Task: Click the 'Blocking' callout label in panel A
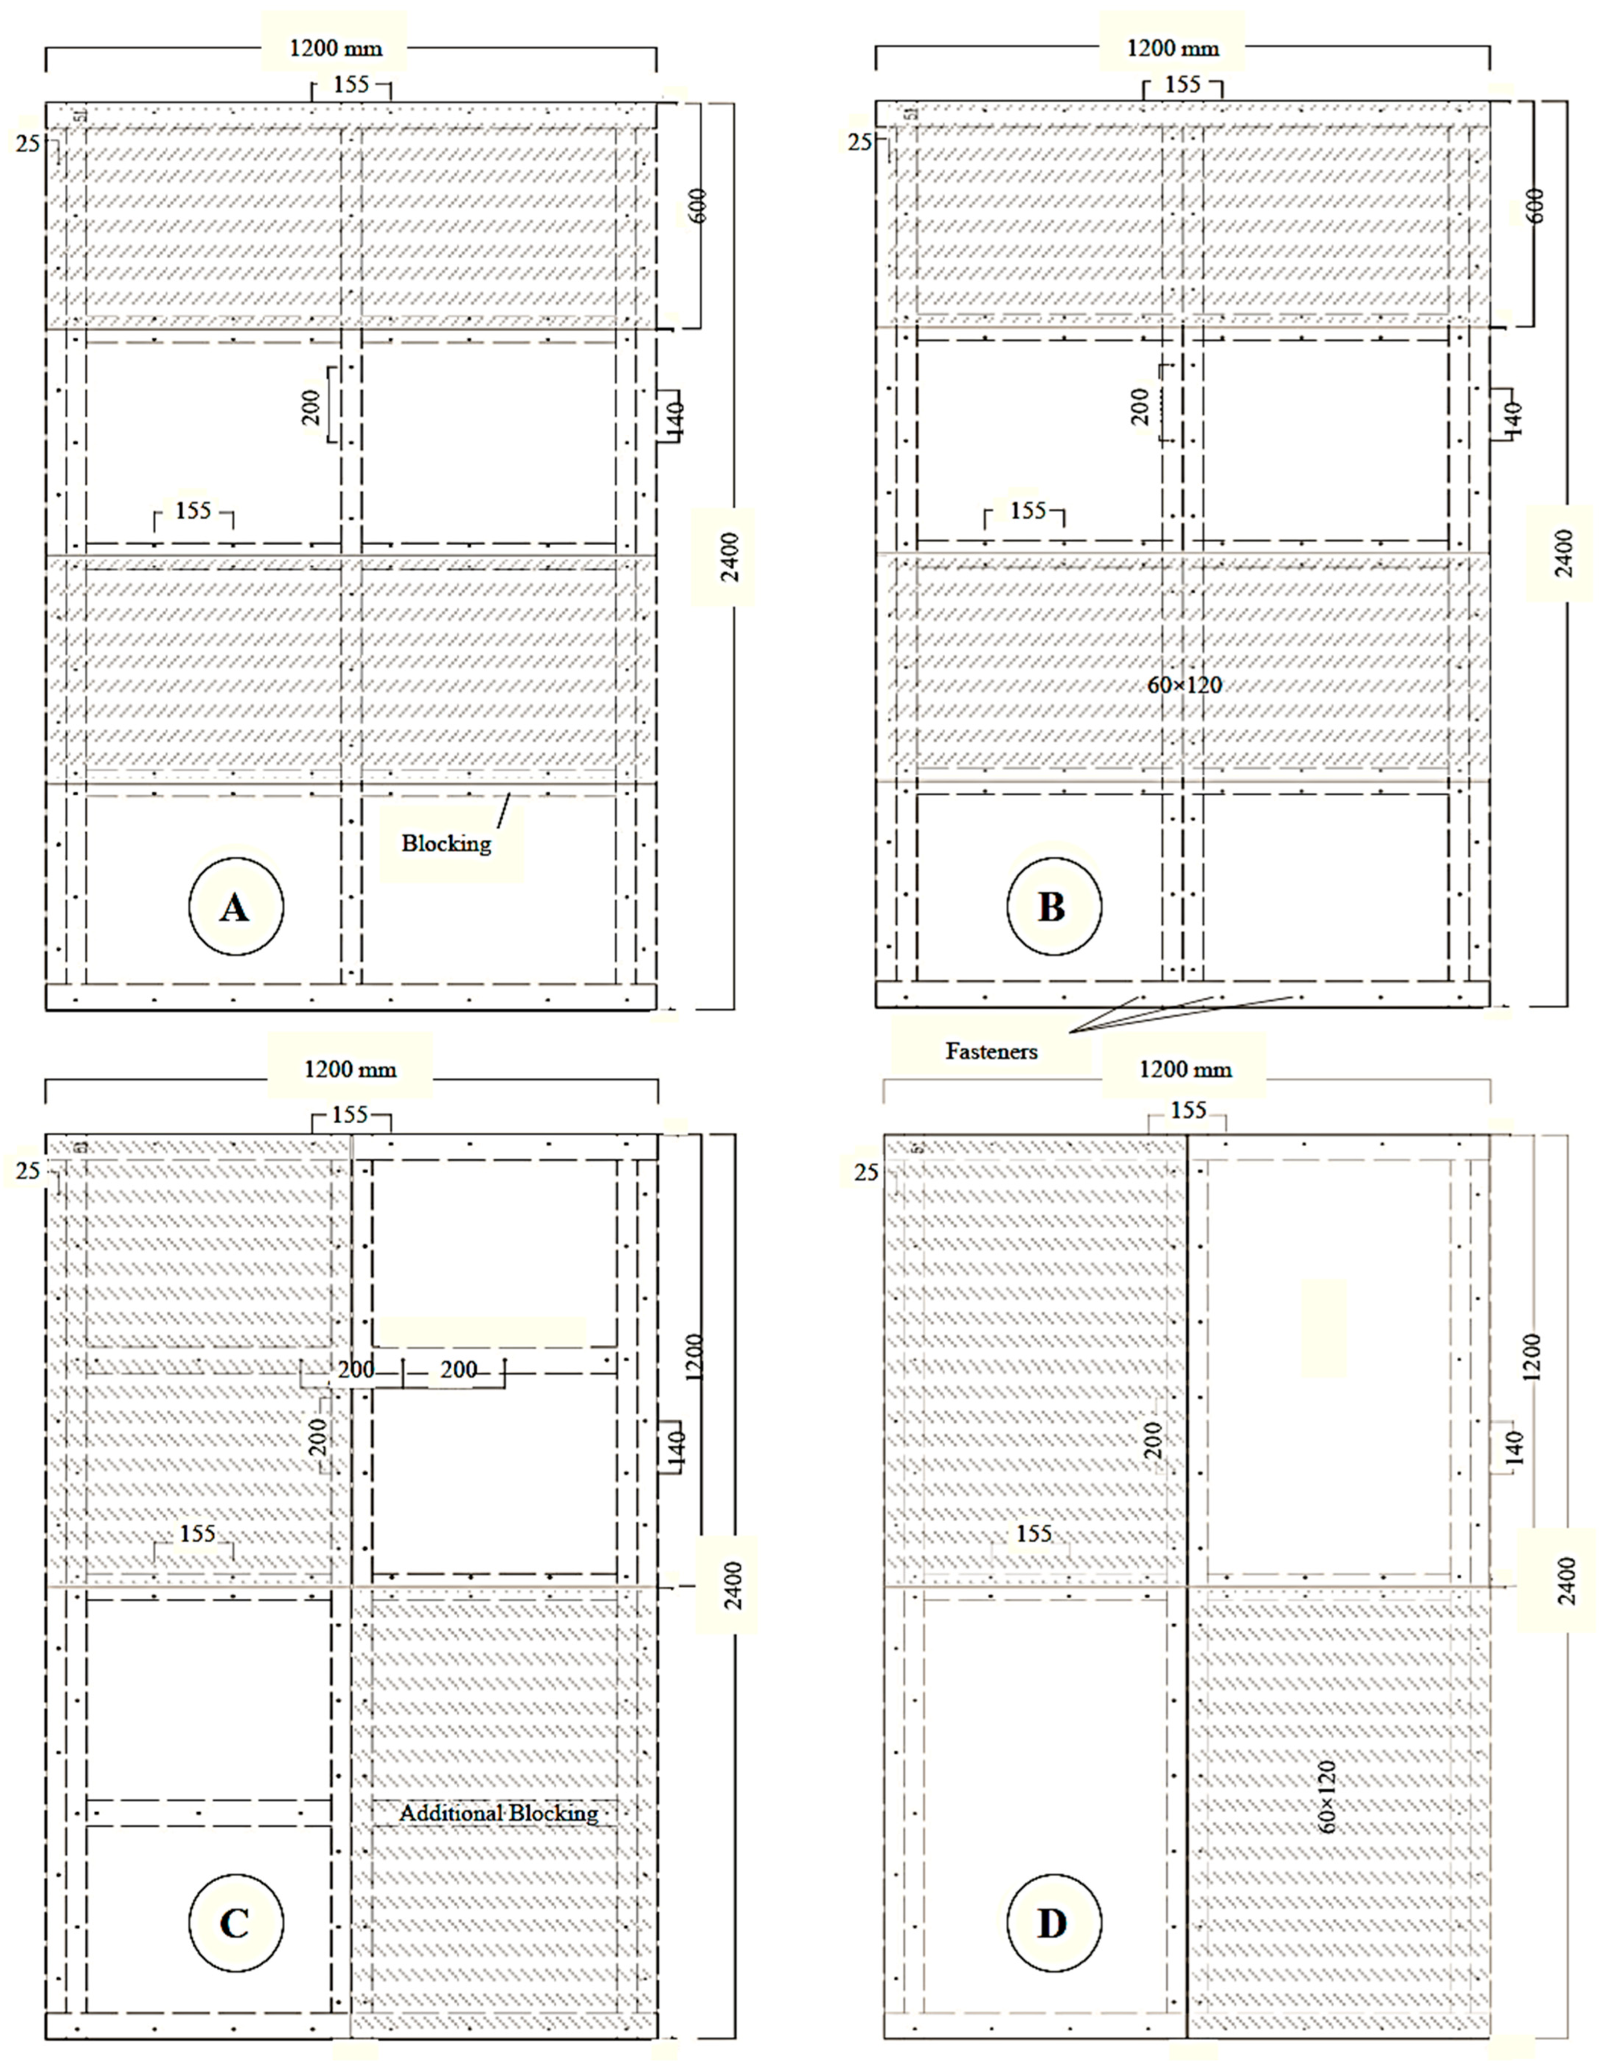tap(447, 844)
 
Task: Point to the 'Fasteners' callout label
tap(991, 1051)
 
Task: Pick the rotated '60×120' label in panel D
tap(1328, 1796)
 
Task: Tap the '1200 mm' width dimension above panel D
tap(1185, 1069)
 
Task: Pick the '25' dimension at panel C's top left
tap(27, 1171)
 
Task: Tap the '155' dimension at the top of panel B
tap(1182, 84)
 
